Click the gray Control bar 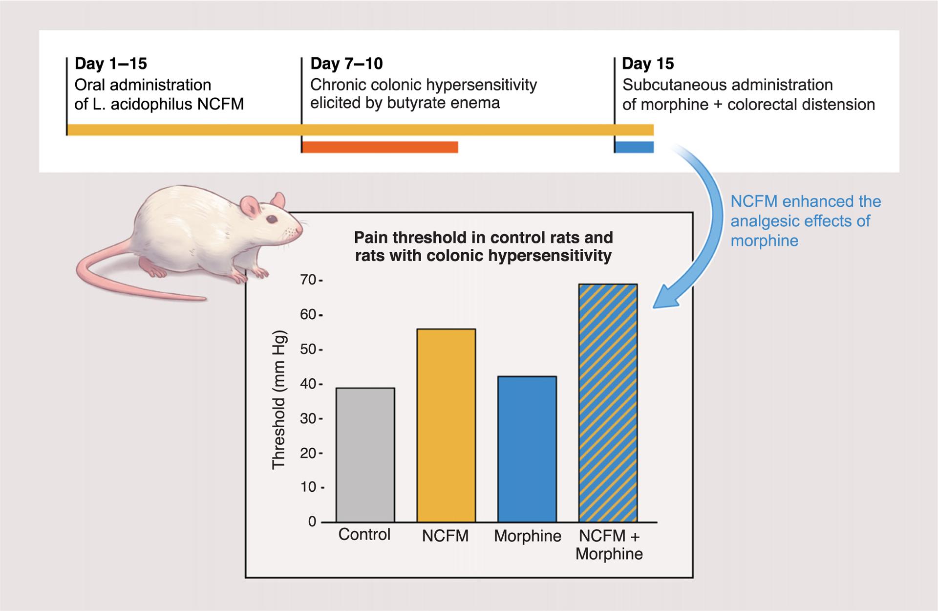point(365,455)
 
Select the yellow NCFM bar point(446,425)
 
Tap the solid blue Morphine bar point(527,449)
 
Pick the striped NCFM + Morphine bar point(608,403)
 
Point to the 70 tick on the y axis point(308,280)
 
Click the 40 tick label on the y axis point(308,384)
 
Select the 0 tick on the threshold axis point(312,522)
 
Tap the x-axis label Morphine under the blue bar point(527,536)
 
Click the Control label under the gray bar point(364,534)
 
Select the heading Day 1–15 point(110,64)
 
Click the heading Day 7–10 point(346,64)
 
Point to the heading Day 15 point(647,64)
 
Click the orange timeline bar point(380,147)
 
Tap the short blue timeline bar point(634,147)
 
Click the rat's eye point(270,219)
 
